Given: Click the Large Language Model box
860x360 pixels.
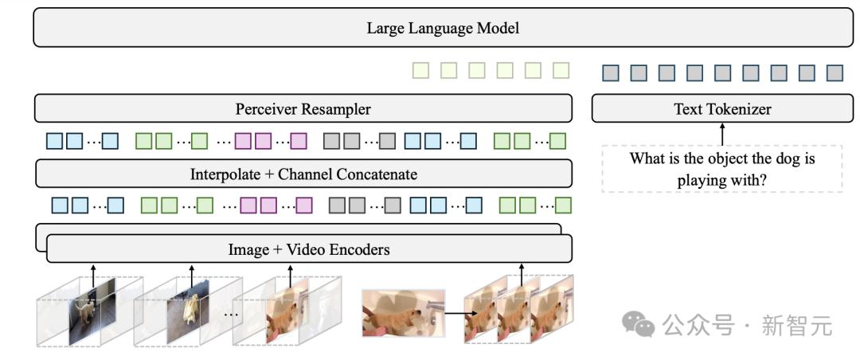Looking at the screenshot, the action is tap(443, 27).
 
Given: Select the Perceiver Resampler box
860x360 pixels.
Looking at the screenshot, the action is tap(303, 108).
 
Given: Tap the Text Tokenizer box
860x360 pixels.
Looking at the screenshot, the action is tap(722, 108).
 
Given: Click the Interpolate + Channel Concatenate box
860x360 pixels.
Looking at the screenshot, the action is tap(303, 174).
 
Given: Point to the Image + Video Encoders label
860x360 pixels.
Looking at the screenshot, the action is tap(309, 250).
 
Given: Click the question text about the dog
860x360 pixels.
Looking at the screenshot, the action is tap(721, 169).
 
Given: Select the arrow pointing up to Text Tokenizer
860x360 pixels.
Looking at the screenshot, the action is tap(722, 134).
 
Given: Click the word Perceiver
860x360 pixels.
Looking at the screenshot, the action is tap(263, 108).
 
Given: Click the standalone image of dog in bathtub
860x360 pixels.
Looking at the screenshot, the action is tap(404, 312).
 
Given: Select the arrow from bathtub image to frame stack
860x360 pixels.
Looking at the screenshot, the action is tap(455, 315).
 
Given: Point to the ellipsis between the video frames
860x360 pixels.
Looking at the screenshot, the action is tap(233, 315).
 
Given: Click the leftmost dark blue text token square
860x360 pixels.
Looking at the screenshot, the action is tap(611, 73).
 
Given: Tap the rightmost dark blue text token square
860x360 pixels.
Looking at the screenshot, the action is tap(835, 73).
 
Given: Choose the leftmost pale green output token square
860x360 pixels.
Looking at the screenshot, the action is tap(420, 70).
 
